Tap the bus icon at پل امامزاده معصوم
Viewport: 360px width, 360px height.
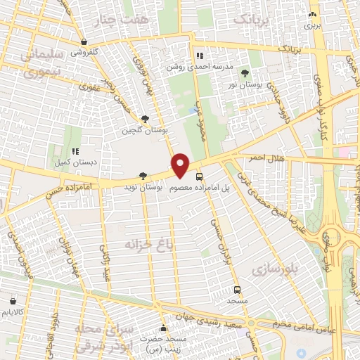pyautogui.click(x=200, y=176)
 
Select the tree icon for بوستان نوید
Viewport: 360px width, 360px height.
pyautogui.click(x=143, y=175)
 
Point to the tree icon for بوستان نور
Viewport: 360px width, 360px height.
pyautogui.click(x=245, y=72)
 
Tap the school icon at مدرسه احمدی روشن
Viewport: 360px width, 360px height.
pyautogui.click(x=200, y=56)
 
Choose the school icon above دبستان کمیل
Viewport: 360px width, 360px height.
pyautogui.click(x=75, y=150)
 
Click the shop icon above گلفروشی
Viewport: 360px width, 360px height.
pyautogui.click(x=84, y=41)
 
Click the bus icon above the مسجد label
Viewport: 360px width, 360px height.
pyautogui.click(x=236, y=289)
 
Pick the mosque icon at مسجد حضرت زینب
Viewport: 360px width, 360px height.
pyautogui.click(x=163, y=328)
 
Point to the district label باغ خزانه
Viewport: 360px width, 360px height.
pyautogui.click(x=146, y=244)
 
